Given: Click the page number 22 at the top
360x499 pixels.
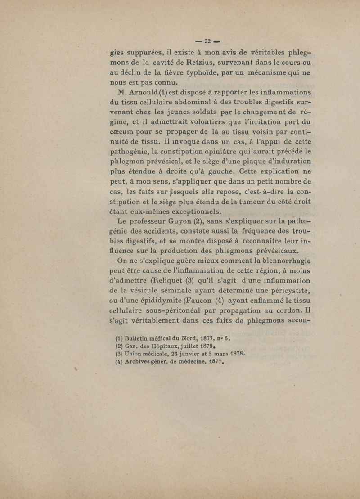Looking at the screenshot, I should (x=208, y=41).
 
